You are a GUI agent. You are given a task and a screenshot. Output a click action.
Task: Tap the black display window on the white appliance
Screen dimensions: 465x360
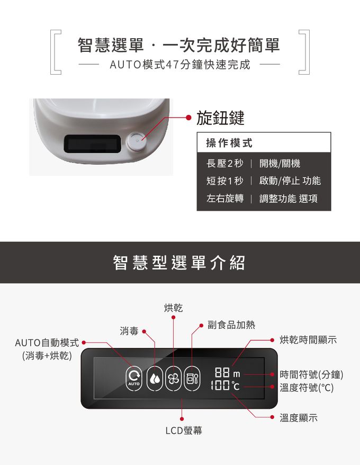(91, 144)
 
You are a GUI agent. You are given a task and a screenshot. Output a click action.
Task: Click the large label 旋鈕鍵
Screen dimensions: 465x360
(220, 118)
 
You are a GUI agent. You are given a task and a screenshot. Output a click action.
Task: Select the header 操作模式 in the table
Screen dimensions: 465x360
(229, 143)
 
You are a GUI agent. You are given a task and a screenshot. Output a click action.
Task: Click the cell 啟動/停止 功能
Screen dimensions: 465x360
(290, 181)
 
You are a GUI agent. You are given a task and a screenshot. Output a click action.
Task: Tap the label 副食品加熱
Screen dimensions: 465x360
(231, 324)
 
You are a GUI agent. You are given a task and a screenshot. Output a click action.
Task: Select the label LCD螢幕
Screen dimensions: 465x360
(183, 431)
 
